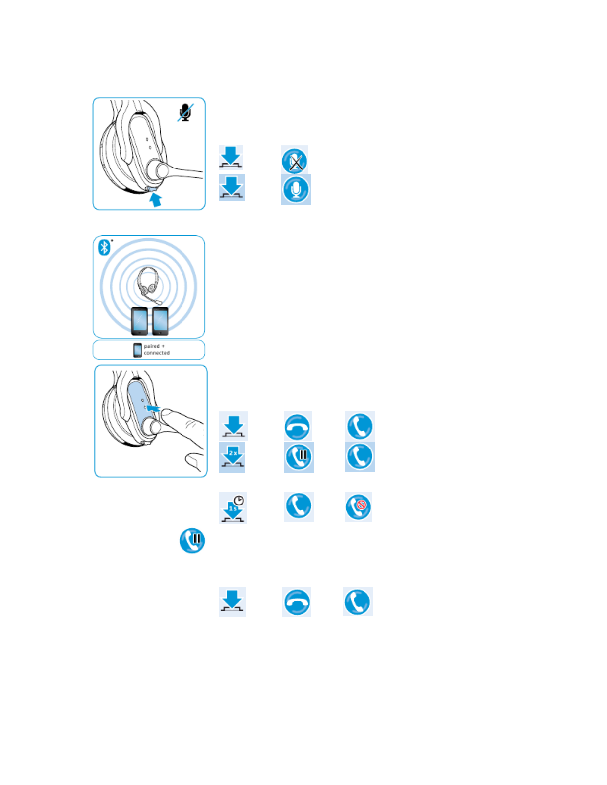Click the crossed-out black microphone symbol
[x=185, y=113]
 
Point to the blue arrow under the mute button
[x=156, y=200]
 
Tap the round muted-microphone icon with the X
[x=295, y=161]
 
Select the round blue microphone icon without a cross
[x=296, y=189]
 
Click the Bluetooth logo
[x=104, y=247]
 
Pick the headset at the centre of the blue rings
[x=149, y=284]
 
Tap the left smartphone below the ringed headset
[x=139, y=321]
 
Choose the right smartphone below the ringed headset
[x=160, y=321]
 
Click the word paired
[x=152, y=346]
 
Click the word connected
[x=157, y=353]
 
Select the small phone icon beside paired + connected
[x=138, y=350]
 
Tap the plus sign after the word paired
[x=163, y=346]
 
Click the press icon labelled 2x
[x=232, y=457]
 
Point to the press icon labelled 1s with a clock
[x=233, y=508]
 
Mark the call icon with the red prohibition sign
[x=359, y=507]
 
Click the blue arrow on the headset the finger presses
[x=153, y=408]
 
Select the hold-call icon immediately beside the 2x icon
[x=299, y=457]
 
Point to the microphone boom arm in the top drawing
[x=186, y=172]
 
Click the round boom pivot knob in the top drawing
[x=162, y=169]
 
